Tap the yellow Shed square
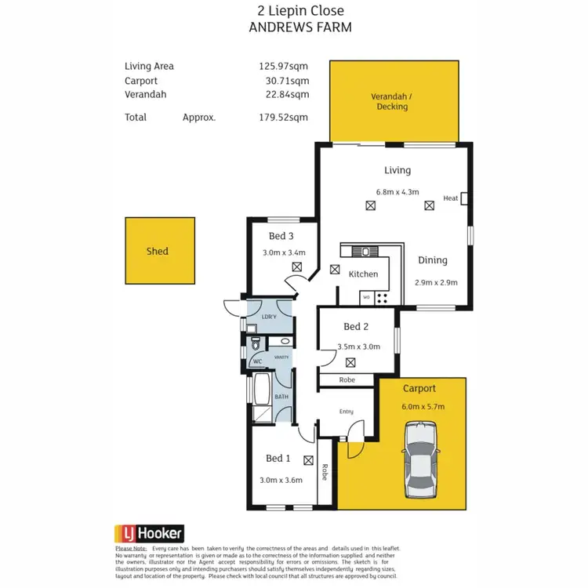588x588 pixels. tap(160, 251)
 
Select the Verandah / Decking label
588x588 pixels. tap(391, 102)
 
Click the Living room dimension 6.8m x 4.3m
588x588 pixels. tap(398, 191)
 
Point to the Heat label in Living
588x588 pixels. tap(450, 198)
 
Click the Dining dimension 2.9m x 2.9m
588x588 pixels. tap(435, 283)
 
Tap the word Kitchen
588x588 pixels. tap(363, 274)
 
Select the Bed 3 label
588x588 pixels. tap(281, 236)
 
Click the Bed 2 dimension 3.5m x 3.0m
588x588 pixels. tap(358, 346)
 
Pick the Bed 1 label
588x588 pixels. tap(278, 459)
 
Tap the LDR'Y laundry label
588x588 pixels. tap(268, 317)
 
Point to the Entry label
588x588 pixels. tap(346, 412)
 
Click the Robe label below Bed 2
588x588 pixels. tap(347, 380)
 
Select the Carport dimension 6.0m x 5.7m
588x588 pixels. tap(423, 406)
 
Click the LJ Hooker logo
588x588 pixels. tap(149, 532)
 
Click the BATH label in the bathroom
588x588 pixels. tap(281, 397)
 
